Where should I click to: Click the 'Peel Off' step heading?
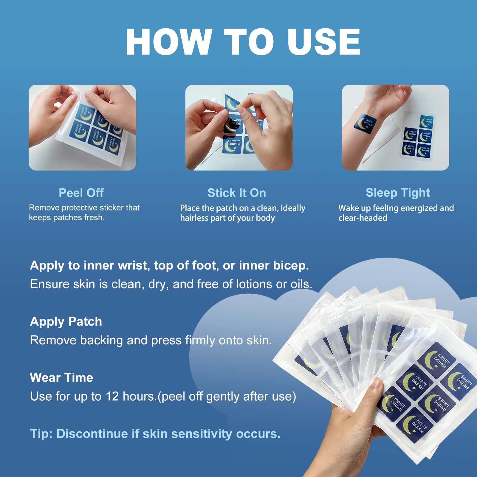pyautogui.click(x=81, y=193)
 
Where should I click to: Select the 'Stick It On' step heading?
pyautogui.click(x=237, y=193)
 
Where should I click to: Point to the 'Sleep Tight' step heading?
pyautogui.click(x=398, y=193)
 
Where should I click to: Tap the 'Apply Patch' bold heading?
pyautogui.click(x=66, y=322)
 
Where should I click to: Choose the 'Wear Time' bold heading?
pyautogui.click(x=61, y=377)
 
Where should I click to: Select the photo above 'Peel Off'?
pyautogui.click(x=82, y=128)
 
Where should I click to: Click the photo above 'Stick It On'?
pyautogui.click(x=239, y=128)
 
